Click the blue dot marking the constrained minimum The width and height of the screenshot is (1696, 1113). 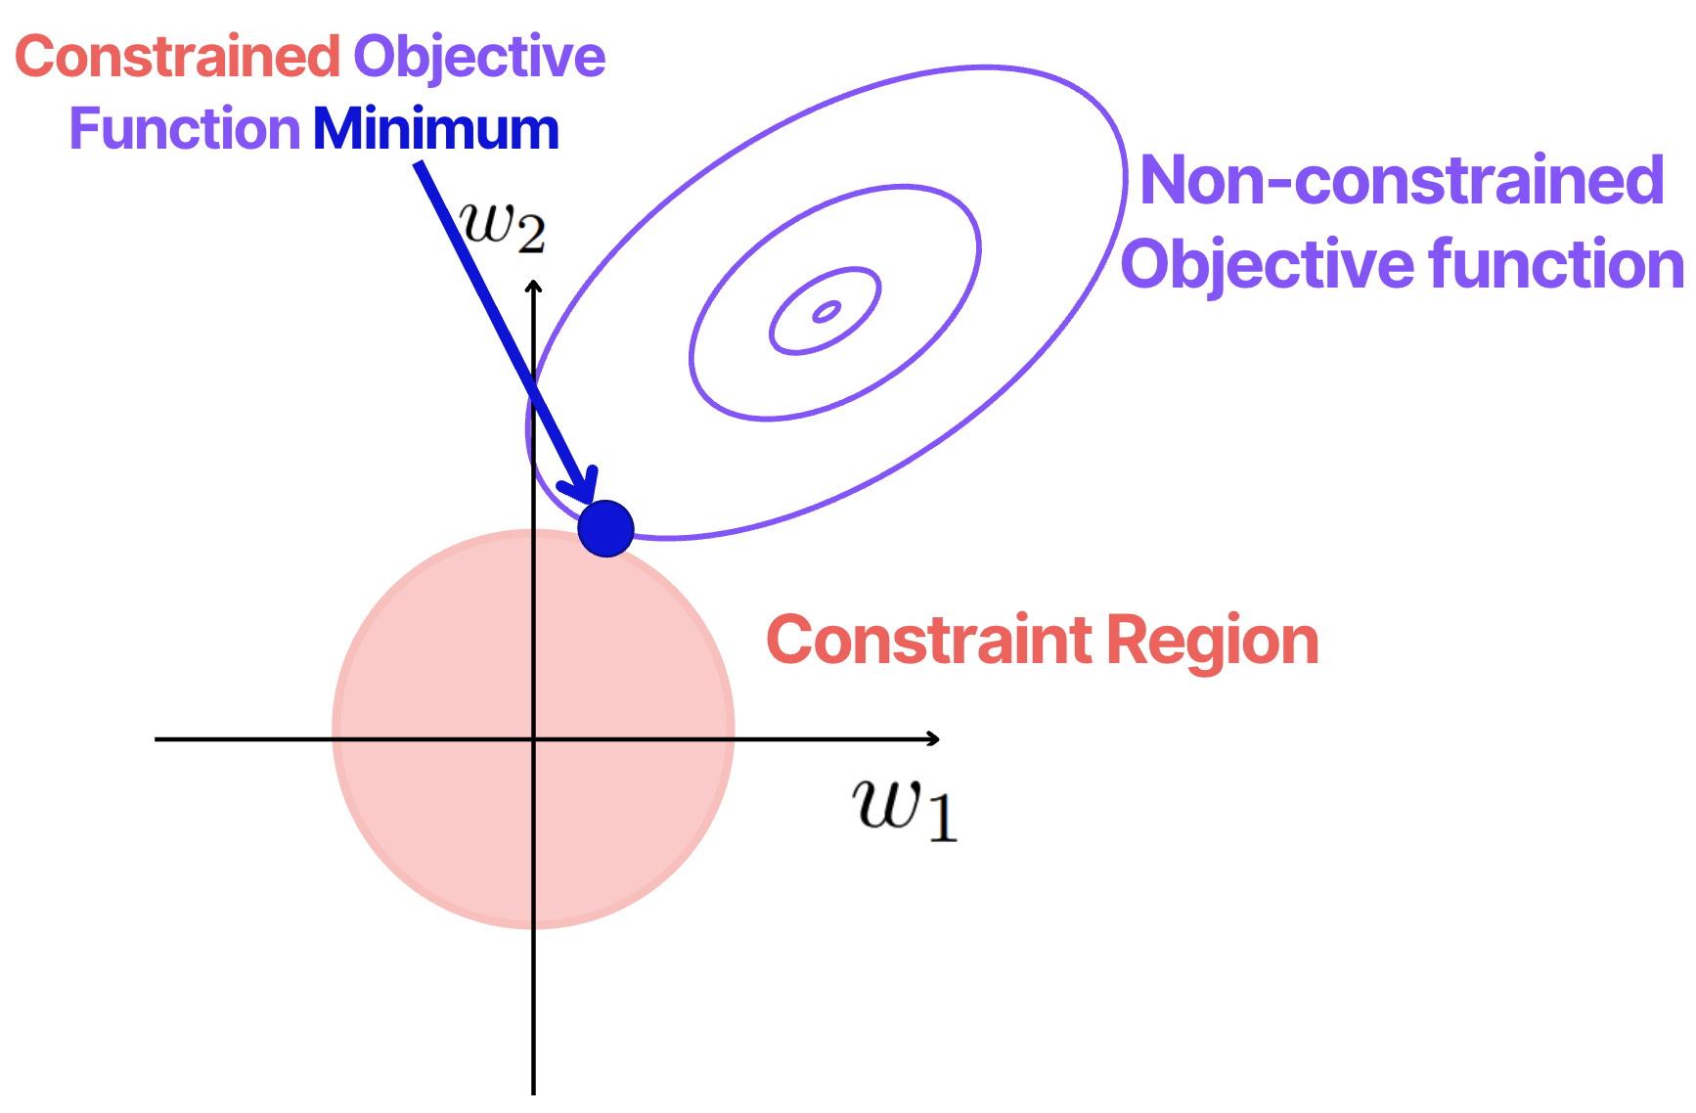pos(606,529)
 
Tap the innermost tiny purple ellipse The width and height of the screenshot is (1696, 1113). pos(826,312)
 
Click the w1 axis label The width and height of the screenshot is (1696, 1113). pos(904,808)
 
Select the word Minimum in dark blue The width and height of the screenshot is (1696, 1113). pos(436,129)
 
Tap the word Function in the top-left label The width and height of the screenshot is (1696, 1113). pos(185,129)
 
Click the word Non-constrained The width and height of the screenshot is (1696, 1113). pos(1402,181)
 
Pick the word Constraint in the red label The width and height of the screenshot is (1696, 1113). pos(929,641)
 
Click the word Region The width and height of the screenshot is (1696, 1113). pos(1213,643)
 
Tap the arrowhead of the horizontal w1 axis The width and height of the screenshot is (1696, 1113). pos(934,738)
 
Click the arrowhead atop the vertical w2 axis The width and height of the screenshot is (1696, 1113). pos(533,287)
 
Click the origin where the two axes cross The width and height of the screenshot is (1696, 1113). pos(533,738)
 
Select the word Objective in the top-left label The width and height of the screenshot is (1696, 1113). pos(479,57)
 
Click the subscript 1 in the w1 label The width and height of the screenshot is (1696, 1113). pos(941,818)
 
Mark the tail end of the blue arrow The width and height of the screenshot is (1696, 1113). pos(419,166)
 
